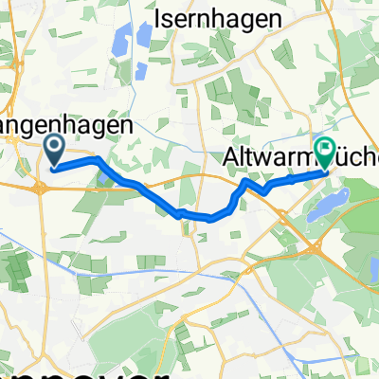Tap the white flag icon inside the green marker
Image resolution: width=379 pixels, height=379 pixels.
[327, 149]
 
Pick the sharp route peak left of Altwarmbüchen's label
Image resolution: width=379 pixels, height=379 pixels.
[245, 180]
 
